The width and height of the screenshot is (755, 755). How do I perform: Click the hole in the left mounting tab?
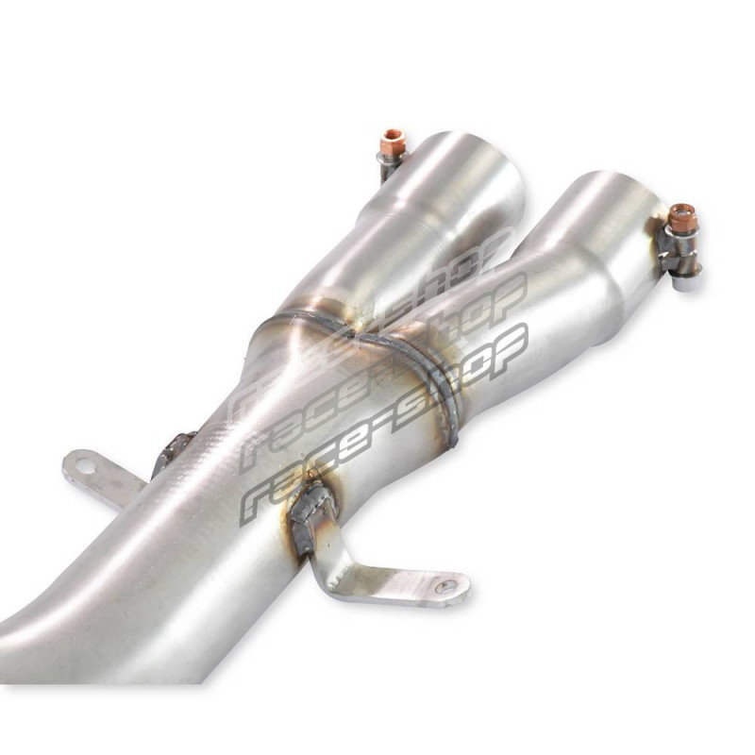(84, 465)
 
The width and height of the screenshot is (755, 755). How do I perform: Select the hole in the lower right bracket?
(445, 585)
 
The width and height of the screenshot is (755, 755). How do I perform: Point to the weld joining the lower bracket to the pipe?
(309, 517)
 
